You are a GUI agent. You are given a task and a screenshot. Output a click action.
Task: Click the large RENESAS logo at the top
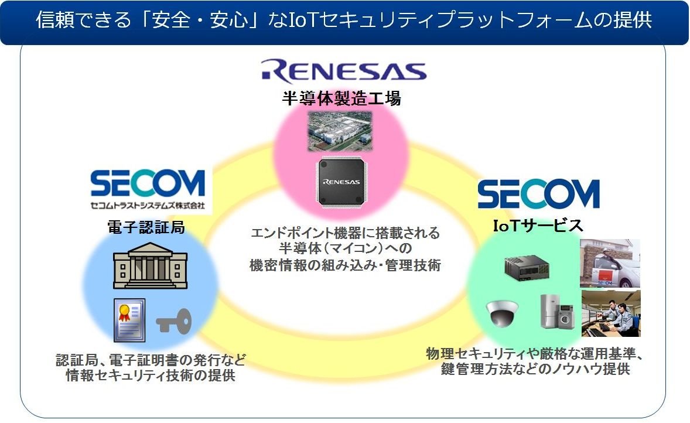click(x=344, y=70)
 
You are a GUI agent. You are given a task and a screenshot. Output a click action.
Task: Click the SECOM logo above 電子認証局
click(x=148, y=183)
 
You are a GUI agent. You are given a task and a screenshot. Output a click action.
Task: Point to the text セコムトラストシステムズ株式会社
click(x=148, y=206)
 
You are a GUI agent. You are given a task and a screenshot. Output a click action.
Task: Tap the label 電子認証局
click(x=146, y=227)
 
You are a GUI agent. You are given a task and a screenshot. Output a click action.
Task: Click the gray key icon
click(x=174, y=322)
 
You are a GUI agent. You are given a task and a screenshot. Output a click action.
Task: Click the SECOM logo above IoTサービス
click(x=538, y=194)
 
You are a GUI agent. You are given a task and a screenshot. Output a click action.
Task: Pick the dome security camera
click(x=502, y=313)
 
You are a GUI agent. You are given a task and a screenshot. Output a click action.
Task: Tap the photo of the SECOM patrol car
click(x=609, y=263)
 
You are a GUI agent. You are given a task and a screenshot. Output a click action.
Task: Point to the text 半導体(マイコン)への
click(x=344, y=248)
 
